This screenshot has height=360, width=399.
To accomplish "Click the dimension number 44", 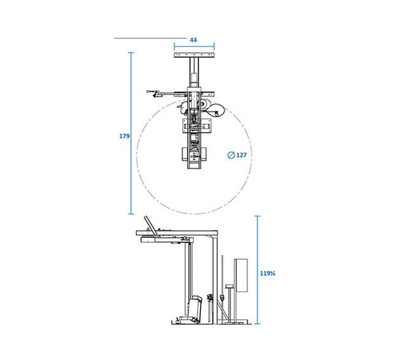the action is [193, 40].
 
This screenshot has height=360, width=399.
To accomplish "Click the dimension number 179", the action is [125, 136].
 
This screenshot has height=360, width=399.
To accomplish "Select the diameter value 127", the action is [241, 155].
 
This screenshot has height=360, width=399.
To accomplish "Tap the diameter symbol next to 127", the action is [231, 155].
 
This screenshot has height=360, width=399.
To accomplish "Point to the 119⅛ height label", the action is [268, 274].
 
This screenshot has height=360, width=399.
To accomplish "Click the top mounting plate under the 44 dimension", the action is [194, 55].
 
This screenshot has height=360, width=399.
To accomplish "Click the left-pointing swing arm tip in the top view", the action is [147, 91].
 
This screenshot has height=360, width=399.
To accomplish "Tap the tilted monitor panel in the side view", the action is [150, 225].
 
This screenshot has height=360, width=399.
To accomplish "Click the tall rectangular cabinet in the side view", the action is [241, 275].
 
